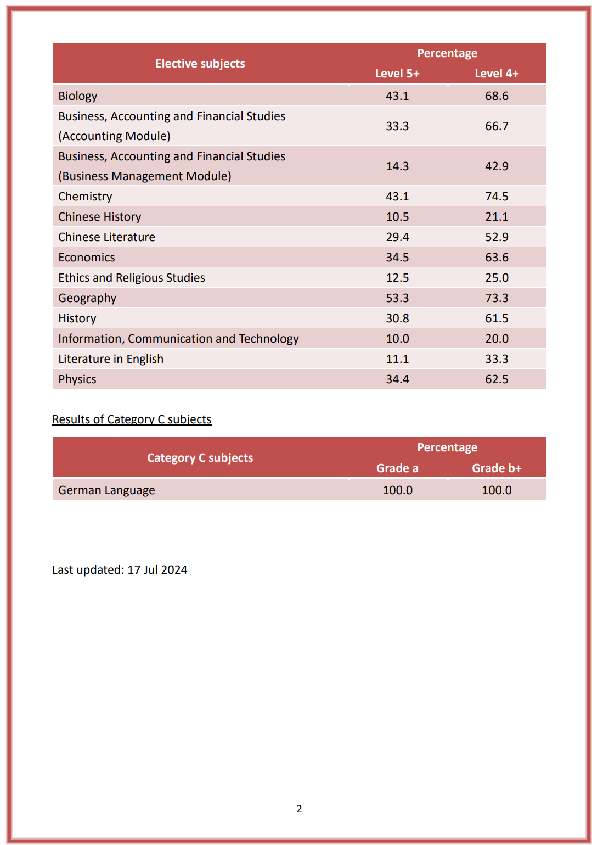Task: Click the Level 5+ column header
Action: (x=397, y=74)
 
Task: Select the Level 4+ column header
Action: (x=497, y=74)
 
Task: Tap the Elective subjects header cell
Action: (x=200, y=64)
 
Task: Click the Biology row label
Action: (x=78, y=96)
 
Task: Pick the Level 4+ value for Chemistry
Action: (x=497, y=197)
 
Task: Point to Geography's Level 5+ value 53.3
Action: (x=397, y=298)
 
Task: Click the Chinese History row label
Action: (x=100, y=217)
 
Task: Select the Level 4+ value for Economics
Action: (x=497, y=258)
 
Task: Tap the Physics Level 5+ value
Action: (x=397, y=379)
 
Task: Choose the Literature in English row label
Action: (x=111, y=359)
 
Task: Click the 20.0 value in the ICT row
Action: (x=497, y=339)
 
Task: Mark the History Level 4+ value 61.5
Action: (x=497, y=318)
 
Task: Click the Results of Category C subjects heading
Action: (x=132, y=419)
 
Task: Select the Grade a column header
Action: (x=397, y=468)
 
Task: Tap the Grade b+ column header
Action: (x=497, y=468)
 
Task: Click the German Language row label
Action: (x=106, y=490)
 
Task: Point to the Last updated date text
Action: (x=120, y=570)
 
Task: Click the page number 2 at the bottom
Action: (x=299, y=809)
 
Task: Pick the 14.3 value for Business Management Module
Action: (x=397, y=166)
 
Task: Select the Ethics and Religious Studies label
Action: (x=132, y=278)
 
